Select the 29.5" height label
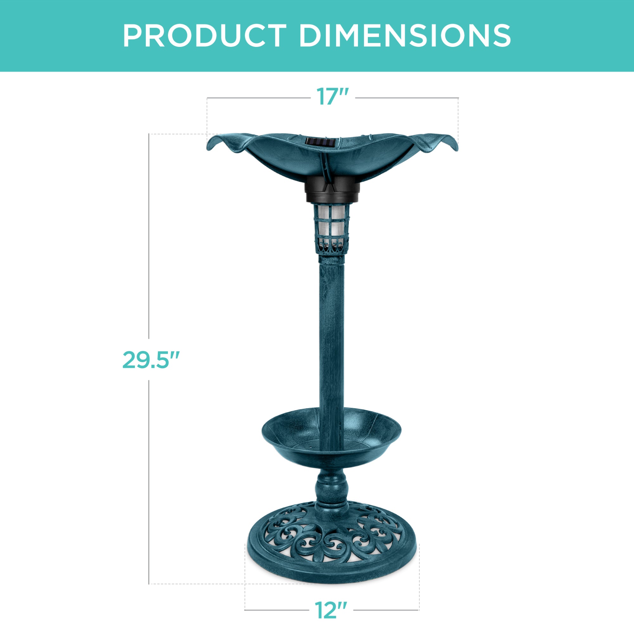[150, 360]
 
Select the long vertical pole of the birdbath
[332, 328]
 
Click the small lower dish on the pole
[331, 440]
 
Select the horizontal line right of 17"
[407, 98]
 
